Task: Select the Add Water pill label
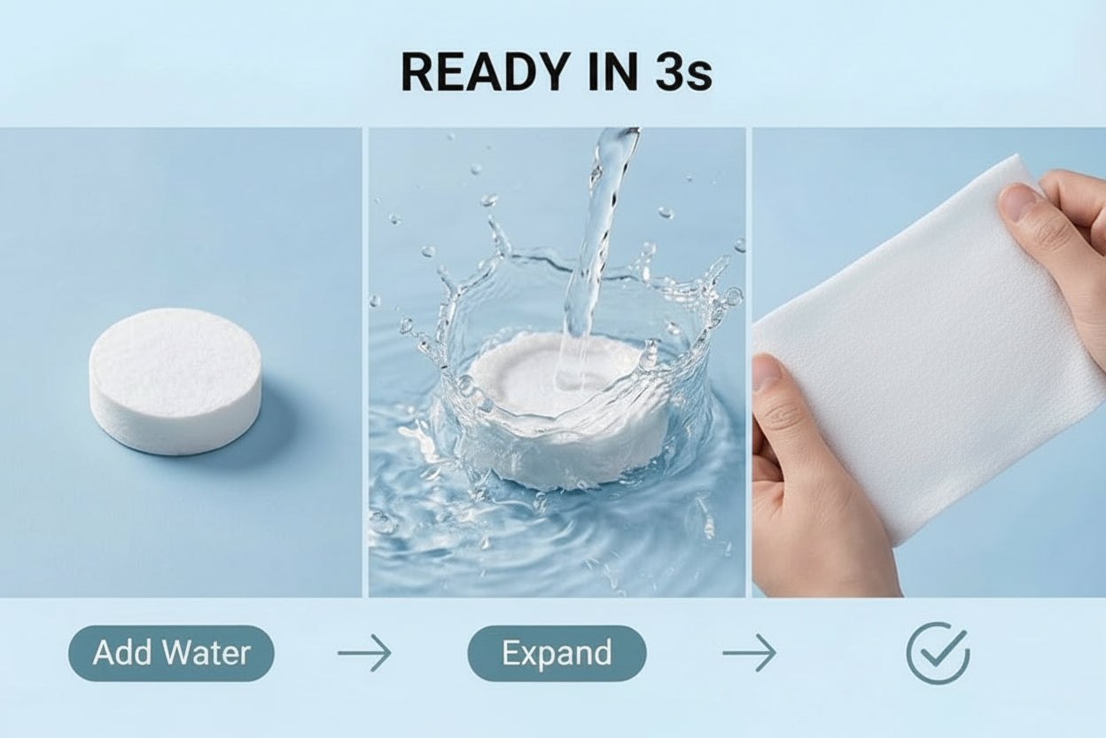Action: pyautogui.click(x=171, y=654)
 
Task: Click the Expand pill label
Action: pyautogui.click(x=557, y=654)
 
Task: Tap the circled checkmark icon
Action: pyautogui.click(x=938, y=654)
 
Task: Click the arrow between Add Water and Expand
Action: pyautogui.click(x=364, y=654)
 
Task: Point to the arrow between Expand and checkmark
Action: pyautogui.click(x=749, y=654)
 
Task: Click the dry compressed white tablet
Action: pyautogui.click(x=175, y=379)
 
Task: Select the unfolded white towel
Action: pyautogui.click(x=922, y=355)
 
